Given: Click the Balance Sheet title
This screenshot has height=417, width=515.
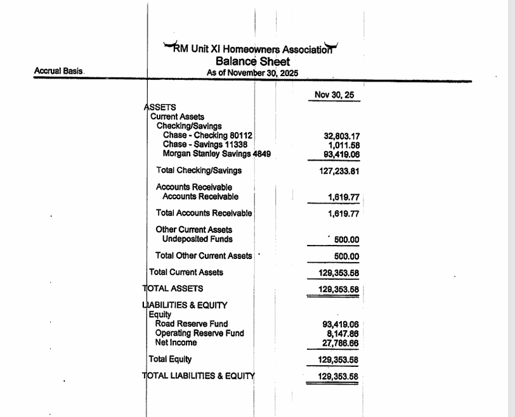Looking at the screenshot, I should [252, 62].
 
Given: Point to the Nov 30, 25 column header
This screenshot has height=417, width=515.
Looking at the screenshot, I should [334, 95].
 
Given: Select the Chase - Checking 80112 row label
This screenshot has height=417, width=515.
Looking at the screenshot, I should [207, 135].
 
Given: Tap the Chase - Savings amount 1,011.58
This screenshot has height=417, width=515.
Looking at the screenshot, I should [344, 145].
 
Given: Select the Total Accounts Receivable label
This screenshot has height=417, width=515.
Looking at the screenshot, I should [204, 213].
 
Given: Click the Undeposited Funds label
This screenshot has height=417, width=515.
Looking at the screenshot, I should [197, 239].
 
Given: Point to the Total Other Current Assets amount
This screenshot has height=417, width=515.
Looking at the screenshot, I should [346, 257].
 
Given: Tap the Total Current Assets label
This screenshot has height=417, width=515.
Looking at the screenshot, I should [186, 272].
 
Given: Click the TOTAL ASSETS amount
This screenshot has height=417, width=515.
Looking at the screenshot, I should [338, 290].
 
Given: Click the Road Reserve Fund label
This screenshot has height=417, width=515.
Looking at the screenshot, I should [192, 324].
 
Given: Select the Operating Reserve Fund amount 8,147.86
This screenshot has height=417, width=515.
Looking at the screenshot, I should [343, 333].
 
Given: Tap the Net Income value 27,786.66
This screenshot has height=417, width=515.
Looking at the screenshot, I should [341, 343].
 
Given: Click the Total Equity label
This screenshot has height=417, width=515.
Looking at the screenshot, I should [170, 359].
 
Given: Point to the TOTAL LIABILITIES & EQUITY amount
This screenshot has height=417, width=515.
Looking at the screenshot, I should [338, 376].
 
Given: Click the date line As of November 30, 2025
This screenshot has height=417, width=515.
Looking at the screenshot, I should [252, 73].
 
